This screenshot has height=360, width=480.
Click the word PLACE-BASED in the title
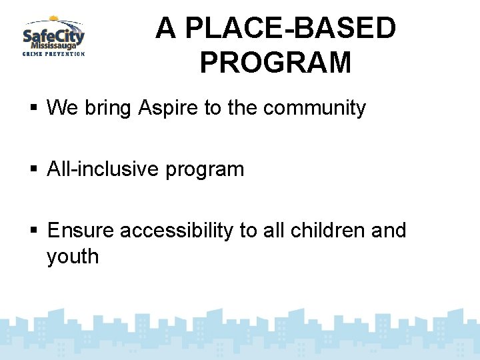click(x=291, y=29)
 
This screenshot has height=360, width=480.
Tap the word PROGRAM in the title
click(x=275, y=62)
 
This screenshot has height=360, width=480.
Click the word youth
click(x=73, y=257)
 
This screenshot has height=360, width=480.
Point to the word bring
click(x=108, y=108)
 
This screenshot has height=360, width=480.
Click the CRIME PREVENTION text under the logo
click(x=53, y=54)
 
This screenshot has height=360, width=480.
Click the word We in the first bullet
click(x=63, y=108)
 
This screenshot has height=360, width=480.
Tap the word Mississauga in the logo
click(x=57, y=45)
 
